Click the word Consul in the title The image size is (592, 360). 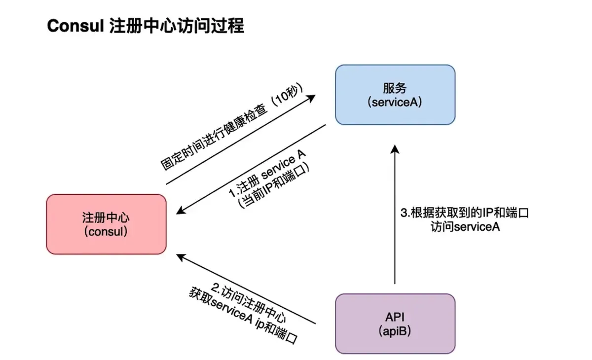tap(74, 26)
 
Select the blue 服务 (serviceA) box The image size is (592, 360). tap(395, 94)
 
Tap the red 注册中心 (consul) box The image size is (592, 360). tap(106, 224)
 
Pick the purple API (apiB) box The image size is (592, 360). tap(395, 324)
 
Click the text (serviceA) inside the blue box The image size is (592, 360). tap(395, 103)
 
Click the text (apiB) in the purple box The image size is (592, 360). tap(395, 331)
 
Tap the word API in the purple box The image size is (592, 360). tap(395, 317)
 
